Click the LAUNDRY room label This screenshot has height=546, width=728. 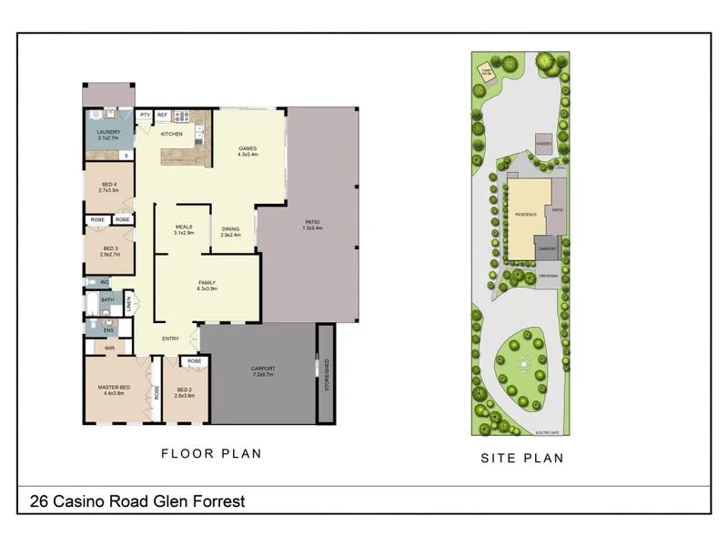click(108, 133)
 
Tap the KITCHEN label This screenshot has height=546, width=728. click(171, 134)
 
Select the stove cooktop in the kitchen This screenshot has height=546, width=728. click(182, 116)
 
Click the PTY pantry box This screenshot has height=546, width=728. click(145, 116)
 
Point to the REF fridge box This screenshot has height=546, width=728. click(162, 116)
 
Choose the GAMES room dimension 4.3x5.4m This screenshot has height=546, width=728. click(248, 155)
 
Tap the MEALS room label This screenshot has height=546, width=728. click(185, 227)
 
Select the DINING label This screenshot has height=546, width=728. click(231, 228)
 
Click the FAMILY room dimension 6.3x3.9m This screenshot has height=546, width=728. click(207, 288)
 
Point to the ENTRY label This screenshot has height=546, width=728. click(170, 339)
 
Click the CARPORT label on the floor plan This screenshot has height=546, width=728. click(263, 369)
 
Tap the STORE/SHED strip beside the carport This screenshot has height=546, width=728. click(325, 373)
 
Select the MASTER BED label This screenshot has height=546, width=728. click(115, 389)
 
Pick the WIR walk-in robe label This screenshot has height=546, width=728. click(109, 347)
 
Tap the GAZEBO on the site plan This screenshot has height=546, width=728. click(544, 144)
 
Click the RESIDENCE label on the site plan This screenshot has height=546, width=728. click(526, 214)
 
